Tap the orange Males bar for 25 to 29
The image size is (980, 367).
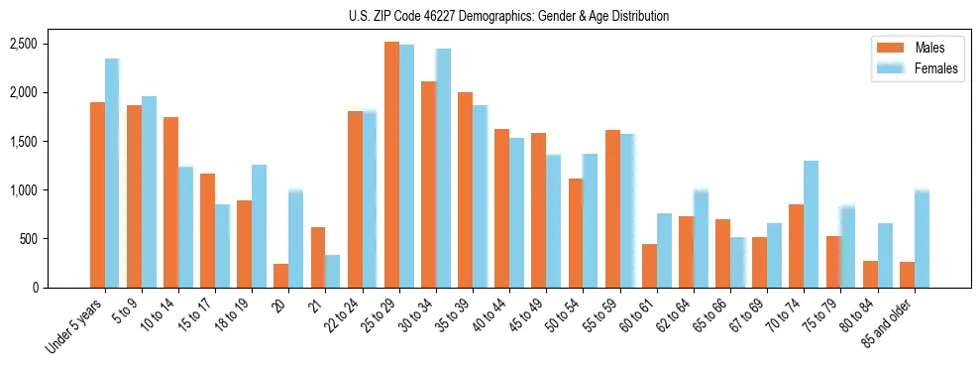391,165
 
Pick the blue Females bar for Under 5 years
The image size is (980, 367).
112,174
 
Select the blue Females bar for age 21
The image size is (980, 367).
332,272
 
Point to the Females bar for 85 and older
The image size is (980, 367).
922,238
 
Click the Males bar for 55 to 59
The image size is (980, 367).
612,208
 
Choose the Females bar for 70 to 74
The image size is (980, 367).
811,224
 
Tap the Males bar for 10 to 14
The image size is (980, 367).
170,202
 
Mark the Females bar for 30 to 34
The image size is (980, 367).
443,169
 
